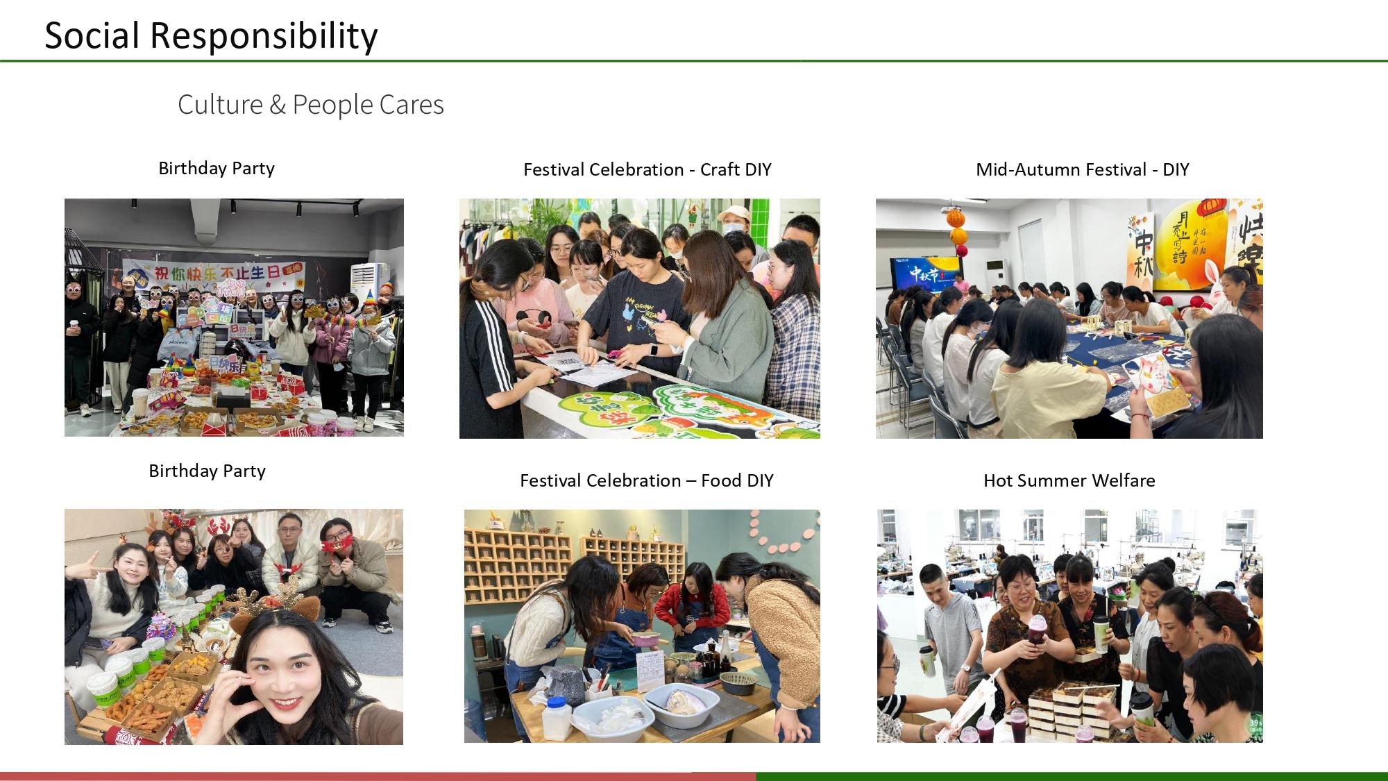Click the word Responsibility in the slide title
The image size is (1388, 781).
tap(264, 36)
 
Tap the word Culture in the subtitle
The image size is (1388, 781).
tap(220, 105)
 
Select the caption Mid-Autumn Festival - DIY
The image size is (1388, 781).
tap(1082, 170)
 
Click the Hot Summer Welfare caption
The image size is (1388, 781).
tap(1069, 480)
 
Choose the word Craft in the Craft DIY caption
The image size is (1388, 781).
tap(720, 170)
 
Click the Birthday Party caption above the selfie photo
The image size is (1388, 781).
tap(207, 471)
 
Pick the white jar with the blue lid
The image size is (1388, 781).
tap(557, 718)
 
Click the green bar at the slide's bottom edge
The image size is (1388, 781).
tap(1072, 776)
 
